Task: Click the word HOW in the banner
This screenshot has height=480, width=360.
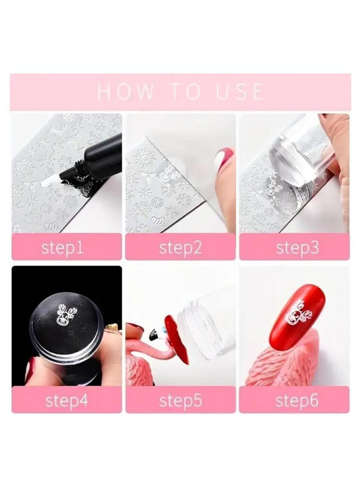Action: click(x=126, y=91)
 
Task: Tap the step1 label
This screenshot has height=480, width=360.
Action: click(x=63, y=248)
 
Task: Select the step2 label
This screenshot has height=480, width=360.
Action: click(x=180, y=248)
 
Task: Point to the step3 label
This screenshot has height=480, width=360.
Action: click(x=297, y=248)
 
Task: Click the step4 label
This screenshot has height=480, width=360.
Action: click(x=67, y=400)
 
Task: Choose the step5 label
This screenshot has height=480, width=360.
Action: click(x=180, y=400)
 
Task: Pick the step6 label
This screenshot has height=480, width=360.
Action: click(x=297, y=400)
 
